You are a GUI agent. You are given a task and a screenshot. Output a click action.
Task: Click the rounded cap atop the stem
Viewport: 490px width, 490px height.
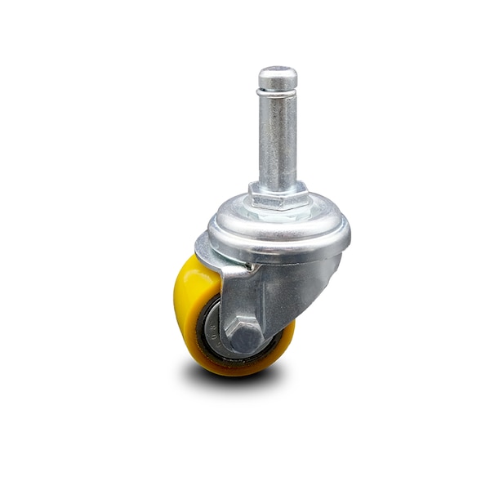coord(278,78)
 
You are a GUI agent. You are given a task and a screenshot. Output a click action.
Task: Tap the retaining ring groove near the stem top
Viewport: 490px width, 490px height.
coord(278,93)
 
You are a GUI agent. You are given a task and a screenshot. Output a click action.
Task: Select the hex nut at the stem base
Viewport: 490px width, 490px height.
coord(278,196)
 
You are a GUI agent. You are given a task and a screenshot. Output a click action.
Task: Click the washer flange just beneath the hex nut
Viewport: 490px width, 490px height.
coord(278,212)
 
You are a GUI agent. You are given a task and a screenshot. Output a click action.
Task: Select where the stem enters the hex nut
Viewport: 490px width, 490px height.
coord(278,184)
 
